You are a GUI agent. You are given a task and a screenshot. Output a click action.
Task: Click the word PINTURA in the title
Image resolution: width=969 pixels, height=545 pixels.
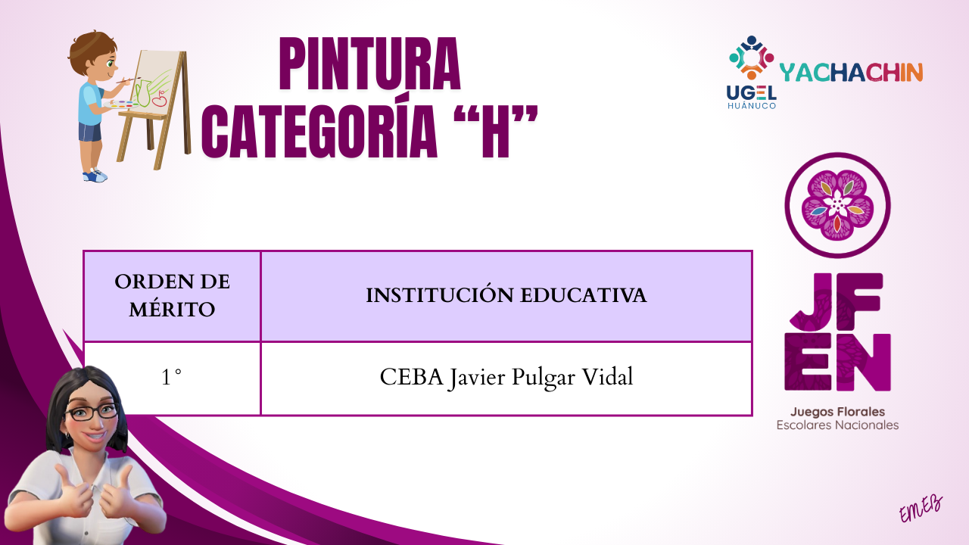tap(370, 64)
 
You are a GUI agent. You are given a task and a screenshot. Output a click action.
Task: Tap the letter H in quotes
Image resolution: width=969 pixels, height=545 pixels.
tap(497, 132)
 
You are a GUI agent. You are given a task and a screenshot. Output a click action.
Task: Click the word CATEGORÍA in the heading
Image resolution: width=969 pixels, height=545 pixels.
tap(319, 132)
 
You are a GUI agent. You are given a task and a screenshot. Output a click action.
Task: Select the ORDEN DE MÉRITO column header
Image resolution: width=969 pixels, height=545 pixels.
tap(172, 296)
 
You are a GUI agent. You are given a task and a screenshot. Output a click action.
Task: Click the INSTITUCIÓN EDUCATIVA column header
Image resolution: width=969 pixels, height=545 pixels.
tap(506, 296)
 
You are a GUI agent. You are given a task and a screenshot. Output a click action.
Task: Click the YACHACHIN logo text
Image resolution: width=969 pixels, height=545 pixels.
tap(851, 72)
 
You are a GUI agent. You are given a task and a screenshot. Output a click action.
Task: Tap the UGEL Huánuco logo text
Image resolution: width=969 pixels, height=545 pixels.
tap(752, 97)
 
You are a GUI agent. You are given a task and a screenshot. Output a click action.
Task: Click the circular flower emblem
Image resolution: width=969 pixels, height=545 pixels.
tap(837, 205)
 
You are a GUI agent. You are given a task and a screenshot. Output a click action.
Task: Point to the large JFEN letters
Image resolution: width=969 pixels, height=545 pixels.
tap(837, 332)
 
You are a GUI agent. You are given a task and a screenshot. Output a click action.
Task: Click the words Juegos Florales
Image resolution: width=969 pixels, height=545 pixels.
tap(837, 412)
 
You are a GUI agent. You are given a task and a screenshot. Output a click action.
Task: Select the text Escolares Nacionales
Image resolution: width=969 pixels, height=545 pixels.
tap(837, 425)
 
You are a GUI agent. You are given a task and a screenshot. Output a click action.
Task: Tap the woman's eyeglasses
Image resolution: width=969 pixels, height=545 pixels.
tap(92, 413)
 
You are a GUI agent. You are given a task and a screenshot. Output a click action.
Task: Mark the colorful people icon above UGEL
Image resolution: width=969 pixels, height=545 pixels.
tap(752, 58)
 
